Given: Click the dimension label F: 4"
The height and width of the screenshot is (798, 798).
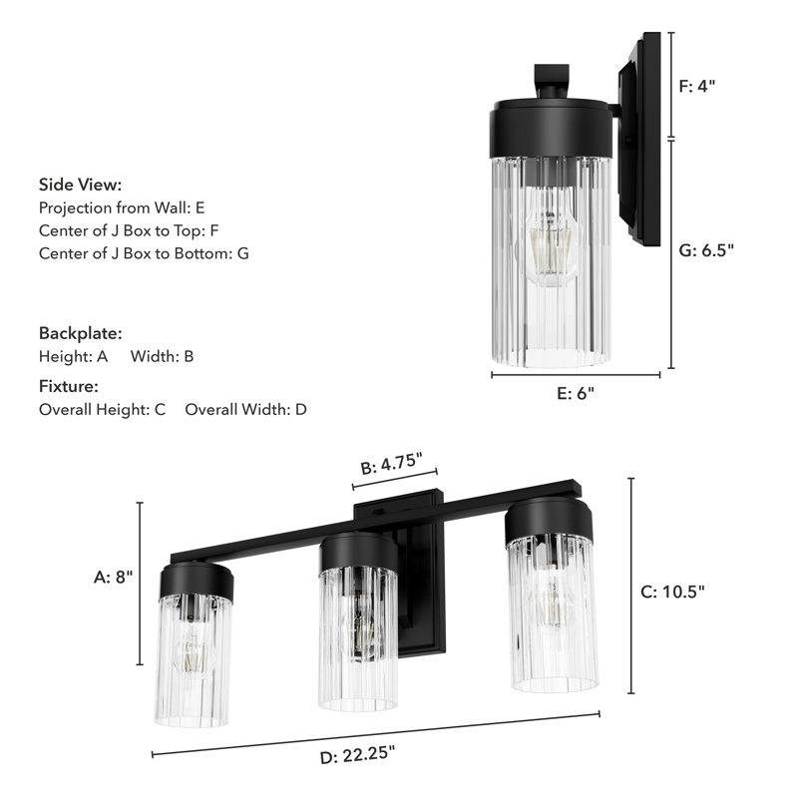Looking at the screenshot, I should click(697, 86).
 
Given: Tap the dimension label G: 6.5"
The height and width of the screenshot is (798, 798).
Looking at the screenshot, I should click(706, 250).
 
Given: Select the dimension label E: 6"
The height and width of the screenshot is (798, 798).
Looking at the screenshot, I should click(575, 393).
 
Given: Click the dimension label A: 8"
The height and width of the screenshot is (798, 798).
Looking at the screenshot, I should click(113, 577).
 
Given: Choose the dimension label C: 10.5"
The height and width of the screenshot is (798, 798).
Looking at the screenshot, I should click(671, 591).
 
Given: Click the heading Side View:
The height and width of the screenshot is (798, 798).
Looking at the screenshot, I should click(80, 185).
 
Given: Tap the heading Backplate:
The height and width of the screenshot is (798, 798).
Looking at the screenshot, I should click(80, 332).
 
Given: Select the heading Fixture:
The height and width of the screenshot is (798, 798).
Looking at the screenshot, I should click(69, 386).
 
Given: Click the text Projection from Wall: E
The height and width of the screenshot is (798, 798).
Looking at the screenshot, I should click(122, 208).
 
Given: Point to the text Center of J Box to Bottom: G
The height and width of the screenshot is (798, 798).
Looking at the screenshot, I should click(144, 253).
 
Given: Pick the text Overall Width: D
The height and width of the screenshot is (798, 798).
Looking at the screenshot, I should click(246, 409).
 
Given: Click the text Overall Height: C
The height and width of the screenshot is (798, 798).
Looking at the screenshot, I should click(102, 409).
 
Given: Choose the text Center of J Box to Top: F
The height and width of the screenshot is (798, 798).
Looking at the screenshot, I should click(128, 230).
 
